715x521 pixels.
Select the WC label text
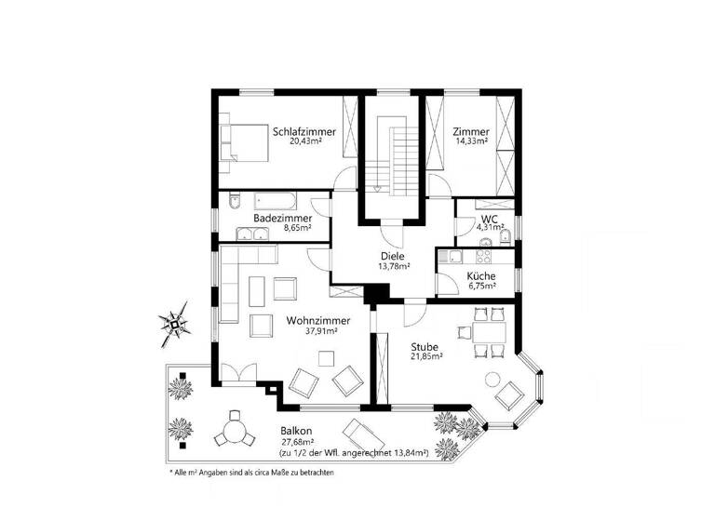490,220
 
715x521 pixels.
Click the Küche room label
481,276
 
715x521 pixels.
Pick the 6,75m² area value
481,287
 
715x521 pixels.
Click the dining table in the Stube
487,330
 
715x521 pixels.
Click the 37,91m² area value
318,330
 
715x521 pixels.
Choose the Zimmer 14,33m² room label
471,132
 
